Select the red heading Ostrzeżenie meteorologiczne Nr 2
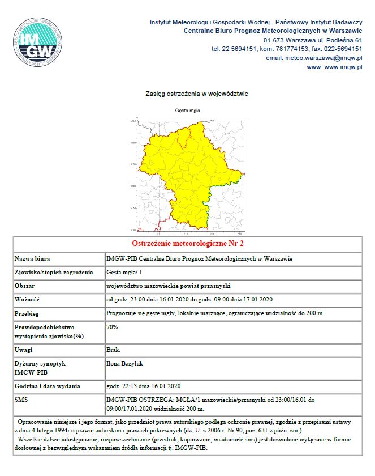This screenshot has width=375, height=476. [187, 244]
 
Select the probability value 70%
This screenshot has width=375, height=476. [113, 327]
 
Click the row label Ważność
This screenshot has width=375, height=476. [28, 299]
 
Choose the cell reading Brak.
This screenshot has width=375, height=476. [114, 350]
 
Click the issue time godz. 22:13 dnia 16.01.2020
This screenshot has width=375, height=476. [143, 386]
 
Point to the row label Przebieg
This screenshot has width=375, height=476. [28, 313]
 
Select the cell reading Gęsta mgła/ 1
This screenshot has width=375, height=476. [123, 272]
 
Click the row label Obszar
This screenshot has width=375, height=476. [26, 286]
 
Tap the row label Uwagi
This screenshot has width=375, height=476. [24, 350]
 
